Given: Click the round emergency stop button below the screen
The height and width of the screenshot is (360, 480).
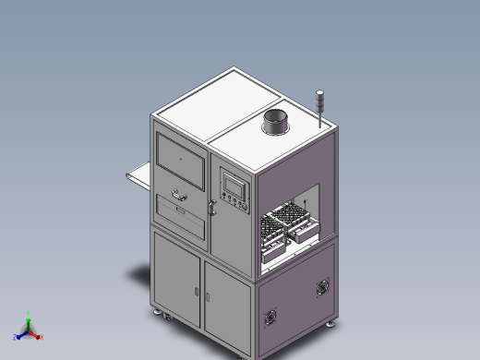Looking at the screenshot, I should pos(225,205).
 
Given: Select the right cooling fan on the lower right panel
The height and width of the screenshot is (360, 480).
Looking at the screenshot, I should pos(322,285).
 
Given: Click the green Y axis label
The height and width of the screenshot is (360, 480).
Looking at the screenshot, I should pos(29,314).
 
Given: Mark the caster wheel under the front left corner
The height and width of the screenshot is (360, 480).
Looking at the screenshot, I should pos(165,317).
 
